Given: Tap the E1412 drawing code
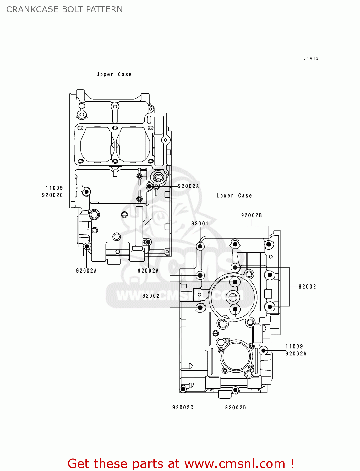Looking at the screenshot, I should tap(311, 58).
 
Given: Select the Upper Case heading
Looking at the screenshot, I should tap(114, 74).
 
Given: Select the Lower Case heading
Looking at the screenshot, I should tap(234, 196).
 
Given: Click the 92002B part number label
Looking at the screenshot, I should tap(251, 215).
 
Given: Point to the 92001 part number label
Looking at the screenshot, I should tap(200, 224).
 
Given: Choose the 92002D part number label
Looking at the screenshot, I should tap(235, 408).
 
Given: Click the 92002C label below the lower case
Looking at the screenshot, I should tap(183, 408).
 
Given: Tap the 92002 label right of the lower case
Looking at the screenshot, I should tap(307, 287).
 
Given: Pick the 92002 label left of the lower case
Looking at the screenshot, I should tap(151, 296).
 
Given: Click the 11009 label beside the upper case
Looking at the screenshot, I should tap(54, 188).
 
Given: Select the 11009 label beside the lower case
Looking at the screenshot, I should tap(294, 347).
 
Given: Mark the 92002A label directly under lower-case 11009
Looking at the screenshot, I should tap(296, 354).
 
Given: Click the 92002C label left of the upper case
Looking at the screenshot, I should tap(52, 195).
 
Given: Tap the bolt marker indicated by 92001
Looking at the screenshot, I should tap(200, 246).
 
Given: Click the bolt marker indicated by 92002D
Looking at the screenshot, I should tap(235, 390).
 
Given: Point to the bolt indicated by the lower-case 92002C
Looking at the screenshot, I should tap(183, 390).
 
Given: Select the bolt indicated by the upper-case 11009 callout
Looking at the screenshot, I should tap(86, 192).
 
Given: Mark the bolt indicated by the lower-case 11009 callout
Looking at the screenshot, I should tap(264, 350).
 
